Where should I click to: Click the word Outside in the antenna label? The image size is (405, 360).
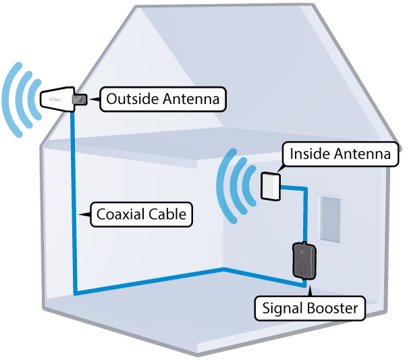(132, 99)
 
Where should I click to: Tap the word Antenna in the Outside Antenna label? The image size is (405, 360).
(191, 99)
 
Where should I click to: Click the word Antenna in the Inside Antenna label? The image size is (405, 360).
(362, 154)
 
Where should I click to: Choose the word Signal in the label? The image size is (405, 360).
(282, 309)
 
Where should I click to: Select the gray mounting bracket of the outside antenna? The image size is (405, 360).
(80, 100)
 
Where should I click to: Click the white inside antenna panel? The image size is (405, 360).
(271, 186)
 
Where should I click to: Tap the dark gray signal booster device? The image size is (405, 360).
(304, 260)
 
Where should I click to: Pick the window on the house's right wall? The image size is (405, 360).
(330, 220)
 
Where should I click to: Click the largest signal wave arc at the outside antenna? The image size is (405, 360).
(10, 99)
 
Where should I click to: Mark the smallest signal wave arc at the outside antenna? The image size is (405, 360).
(34, 99)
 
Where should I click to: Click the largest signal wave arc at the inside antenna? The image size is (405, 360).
(225, 186)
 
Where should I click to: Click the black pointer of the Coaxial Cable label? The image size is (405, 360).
(84, 215)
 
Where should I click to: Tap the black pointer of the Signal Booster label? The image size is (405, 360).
(310, 292)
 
